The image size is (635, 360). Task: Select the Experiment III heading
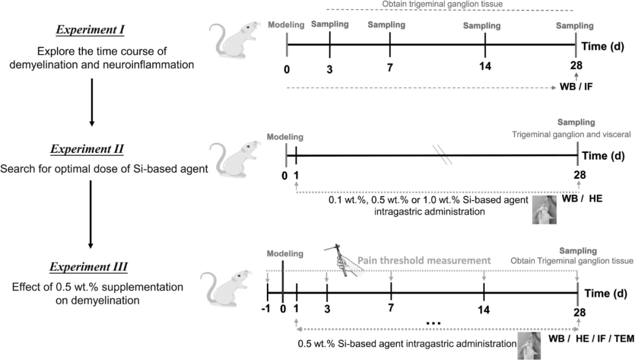96,268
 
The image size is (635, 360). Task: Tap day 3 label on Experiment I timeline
329,69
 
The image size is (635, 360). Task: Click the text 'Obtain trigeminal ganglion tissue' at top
449,4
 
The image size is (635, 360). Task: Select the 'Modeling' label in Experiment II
285,137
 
